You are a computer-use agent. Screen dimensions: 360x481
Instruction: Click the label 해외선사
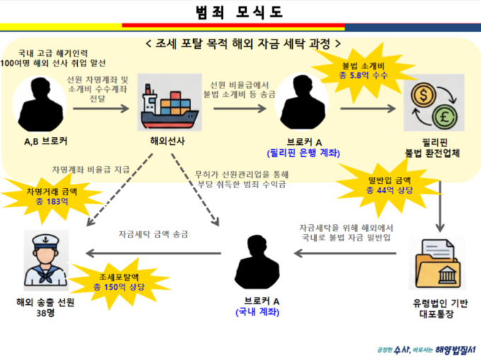coord(168,140)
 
